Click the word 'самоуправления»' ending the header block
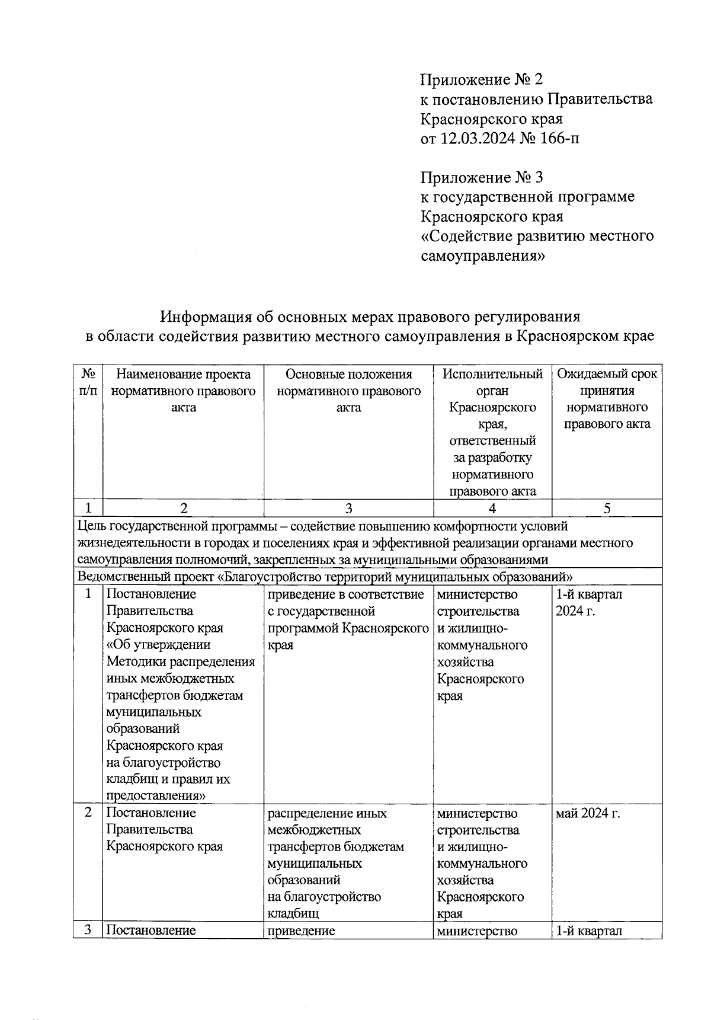[482, 256]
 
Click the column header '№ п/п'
[88, 382]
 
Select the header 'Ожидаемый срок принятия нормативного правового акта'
[607, 399]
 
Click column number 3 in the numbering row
[348, 508]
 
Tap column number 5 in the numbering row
[607, 508]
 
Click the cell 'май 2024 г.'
[588, 813]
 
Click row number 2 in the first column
[88, 813]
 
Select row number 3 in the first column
[88, 930]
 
